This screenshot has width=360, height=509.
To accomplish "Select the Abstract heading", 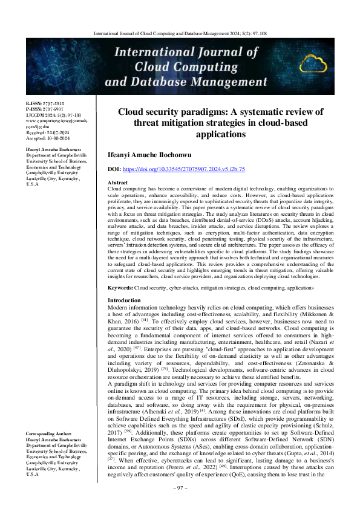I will click(117, 182).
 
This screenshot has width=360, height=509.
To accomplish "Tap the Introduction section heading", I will click(124, 300).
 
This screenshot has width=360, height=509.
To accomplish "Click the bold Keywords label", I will click(120, 288).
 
